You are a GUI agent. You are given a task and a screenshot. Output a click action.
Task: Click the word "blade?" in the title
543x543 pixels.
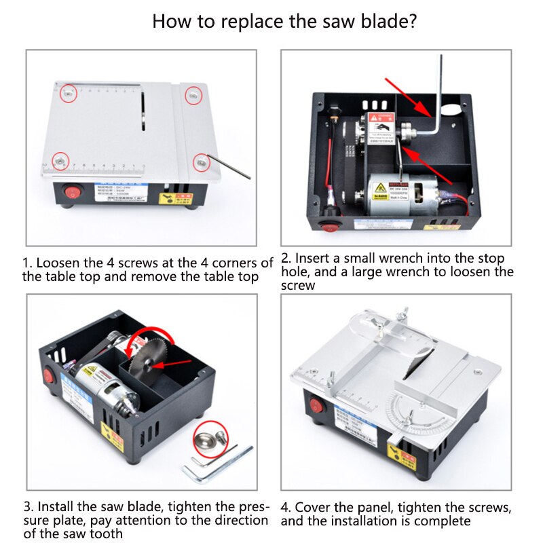[x=380, y=20]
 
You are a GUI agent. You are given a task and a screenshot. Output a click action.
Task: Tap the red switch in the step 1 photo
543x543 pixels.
[x=71, y=193]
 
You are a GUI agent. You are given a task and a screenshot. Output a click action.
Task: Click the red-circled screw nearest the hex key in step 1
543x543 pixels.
[x=200, y=161]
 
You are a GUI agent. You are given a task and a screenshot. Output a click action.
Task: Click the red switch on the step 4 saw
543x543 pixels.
[x=316, y=406]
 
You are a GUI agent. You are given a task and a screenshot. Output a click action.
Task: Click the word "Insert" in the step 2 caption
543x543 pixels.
[x=314, y=259]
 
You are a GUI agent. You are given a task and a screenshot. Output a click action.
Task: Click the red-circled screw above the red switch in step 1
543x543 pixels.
[x=60, y=160]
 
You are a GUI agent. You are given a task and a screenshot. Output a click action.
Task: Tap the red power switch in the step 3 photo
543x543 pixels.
[x=48, y=374]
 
